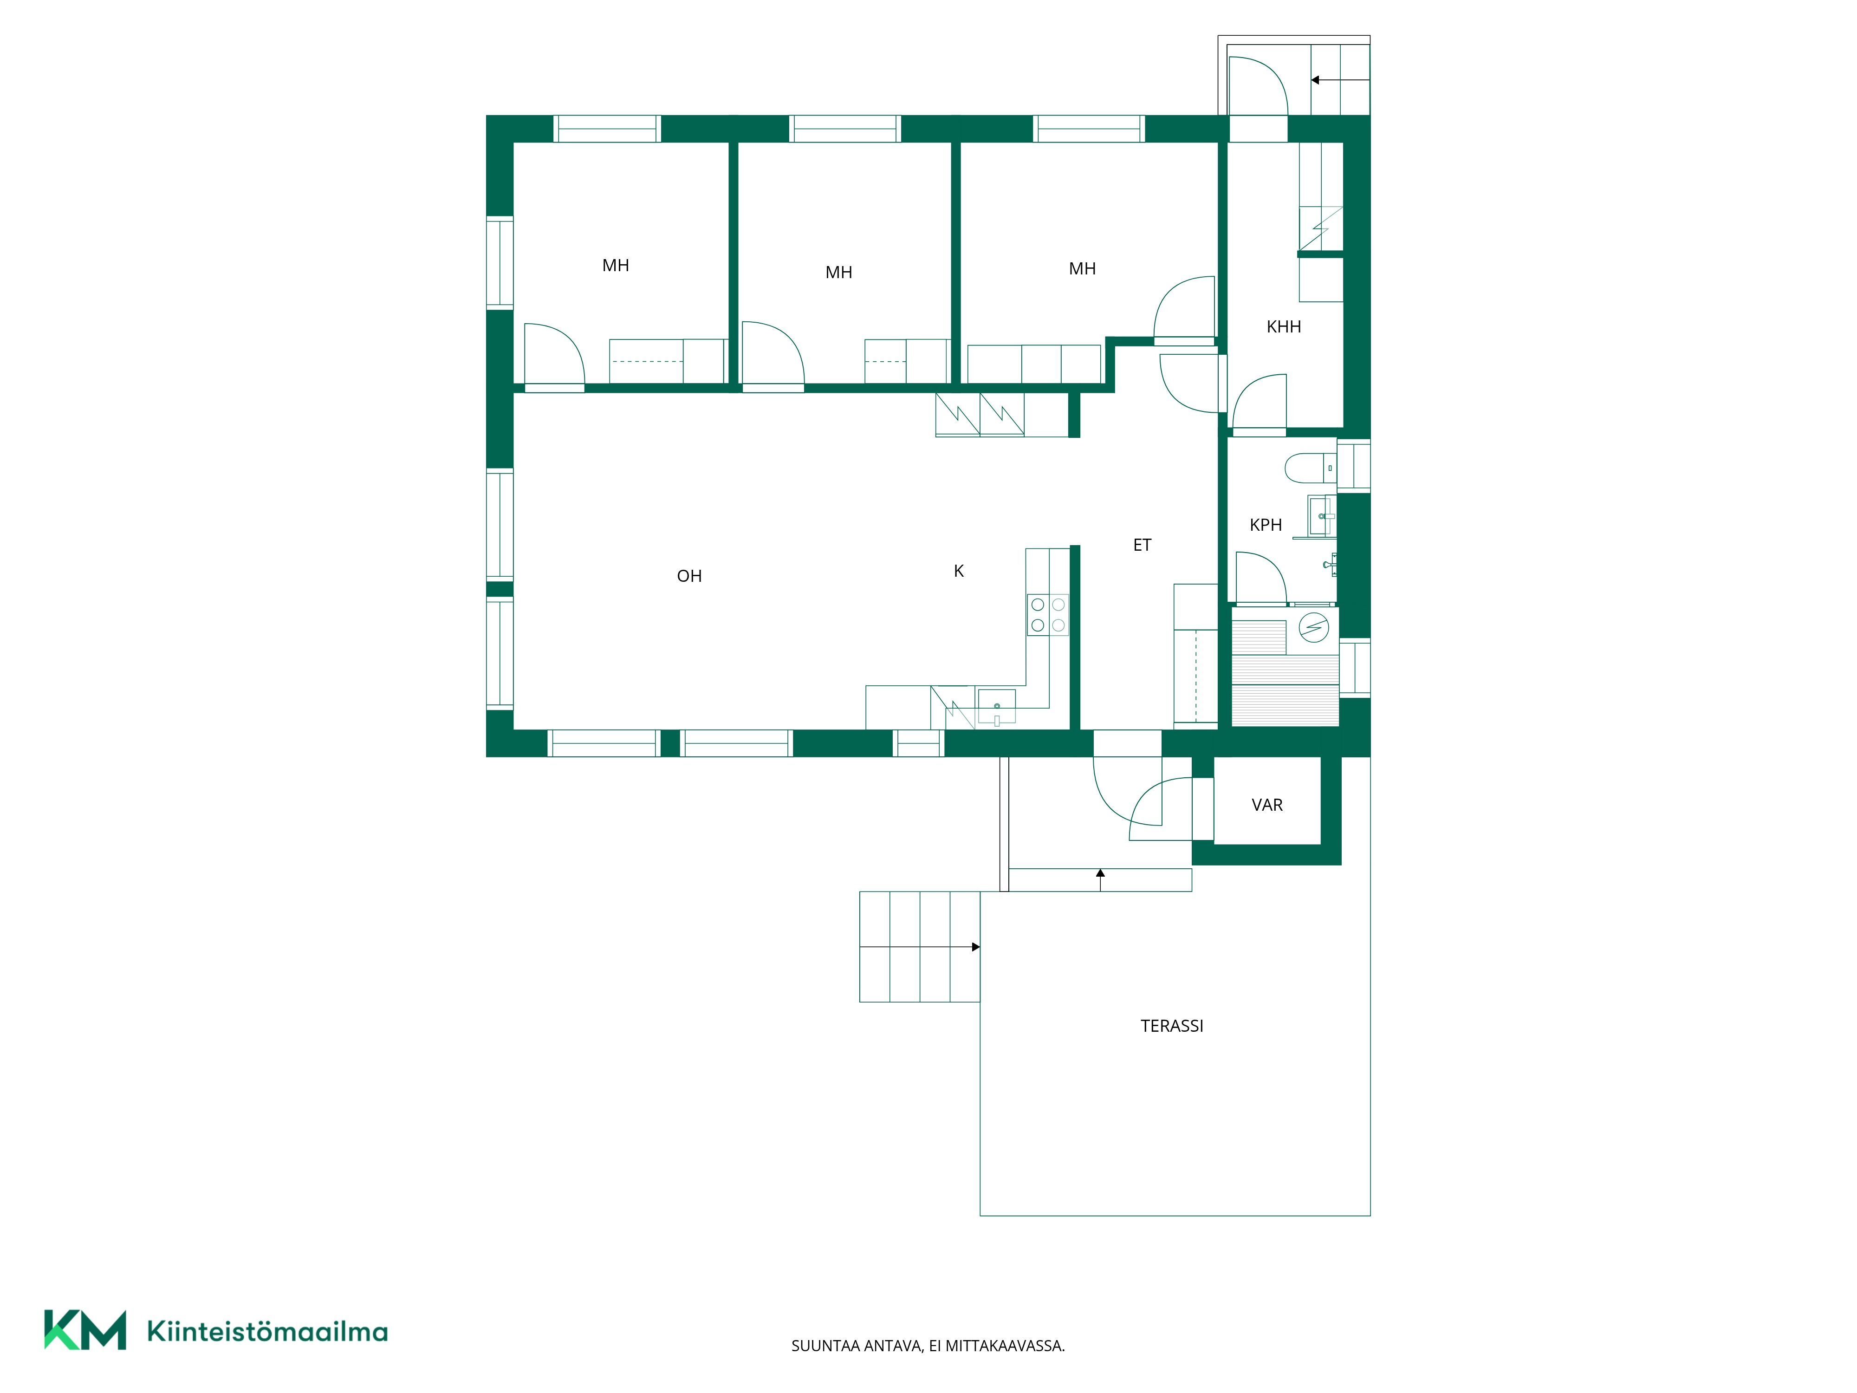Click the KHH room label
point(1284,326)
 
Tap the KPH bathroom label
point(1266,525)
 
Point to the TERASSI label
point(1172,1026)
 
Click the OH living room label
point(689,576)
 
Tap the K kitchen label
point(959,571)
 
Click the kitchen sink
point(996,708)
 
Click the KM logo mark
point(85,1330)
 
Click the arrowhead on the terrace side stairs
point(975,947)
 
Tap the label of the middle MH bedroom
point(839,272)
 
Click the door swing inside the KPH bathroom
point(1261,578)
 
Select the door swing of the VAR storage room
point(1160,808)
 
